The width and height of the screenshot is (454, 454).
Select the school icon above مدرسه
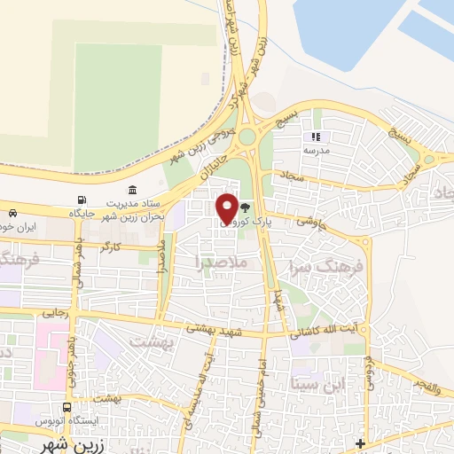[315, 137]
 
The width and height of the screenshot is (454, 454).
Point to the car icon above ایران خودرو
[13, 214]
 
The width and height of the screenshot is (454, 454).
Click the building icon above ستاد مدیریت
[132, 191]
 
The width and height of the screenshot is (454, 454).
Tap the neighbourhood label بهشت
[148, 340]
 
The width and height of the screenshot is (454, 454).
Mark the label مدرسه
[316, 152]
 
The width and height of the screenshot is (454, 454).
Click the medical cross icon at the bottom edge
[359, 443]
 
